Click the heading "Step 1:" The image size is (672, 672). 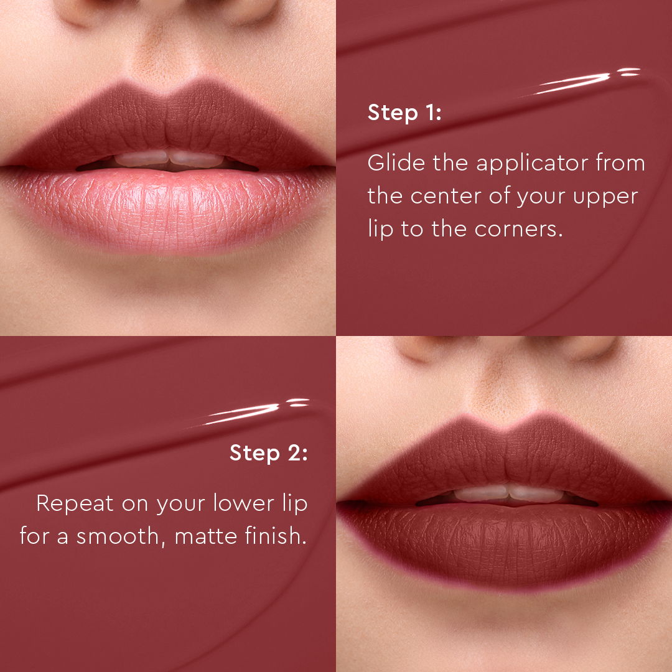[404, 113]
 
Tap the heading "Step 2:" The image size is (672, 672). [268, 452]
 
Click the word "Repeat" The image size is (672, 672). [75, 504]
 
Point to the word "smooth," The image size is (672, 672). [121, 536]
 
